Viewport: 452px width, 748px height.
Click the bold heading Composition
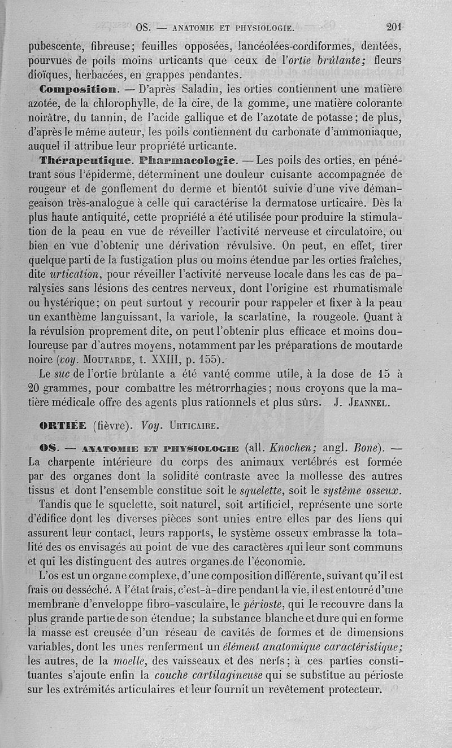coord(79,89)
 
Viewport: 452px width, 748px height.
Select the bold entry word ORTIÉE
coord(63,425)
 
